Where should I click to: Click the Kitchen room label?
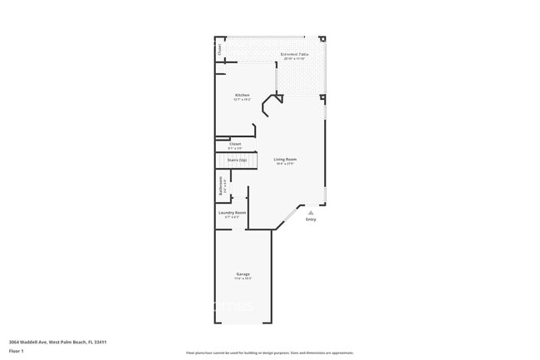click(x=242, y=95)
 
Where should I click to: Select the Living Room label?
click(x=285, y=159)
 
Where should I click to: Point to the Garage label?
click(x=243, y=274)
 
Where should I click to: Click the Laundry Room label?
click(x=233, y=213)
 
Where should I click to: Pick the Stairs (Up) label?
click(x=237, y=159)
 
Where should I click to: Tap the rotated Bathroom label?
click(x=220, y=186)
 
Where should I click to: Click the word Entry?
click(x=311, y=219)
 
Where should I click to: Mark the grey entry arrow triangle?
click(x=311, y=213)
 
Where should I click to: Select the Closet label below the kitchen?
click(x=235, y=144)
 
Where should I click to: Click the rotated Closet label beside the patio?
click(x=220, y=49)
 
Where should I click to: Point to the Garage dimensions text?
click(x=243, y=279)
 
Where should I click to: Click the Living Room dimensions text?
click(x=285, y=164)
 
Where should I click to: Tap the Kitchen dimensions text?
click(x=242, y=100)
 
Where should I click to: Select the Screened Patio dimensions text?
click(x=296, y=59)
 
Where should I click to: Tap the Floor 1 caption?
click(x=17, y=351)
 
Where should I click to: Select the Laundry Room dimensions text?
click(x=233, y=217)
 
